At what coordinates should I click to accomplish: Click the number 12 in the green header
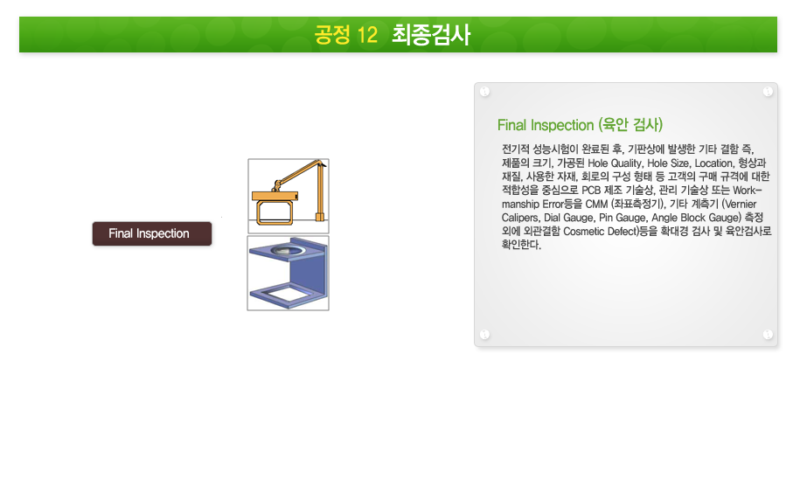pos(367,35)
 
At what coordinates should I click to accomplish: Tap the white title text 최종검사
pos(431,35)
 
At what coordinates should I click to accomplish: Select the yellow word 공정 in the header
pos(332,35)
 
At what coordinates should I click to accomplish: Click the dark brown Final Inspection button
pos(152,233)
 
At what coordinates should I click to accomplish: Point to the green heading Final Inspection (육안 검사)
pos(580,125)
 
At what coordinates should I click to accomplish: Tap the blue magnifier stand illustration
pos(289,273)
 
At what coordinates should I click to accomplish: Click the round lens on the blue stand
pos(288,250)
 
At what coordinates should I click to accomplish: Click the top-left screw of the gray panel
pos(484,92)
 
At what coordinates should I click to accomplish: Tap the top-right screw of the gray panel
pos(768,92)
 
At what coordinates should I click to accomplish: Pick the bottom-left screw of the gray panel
pos(484,334)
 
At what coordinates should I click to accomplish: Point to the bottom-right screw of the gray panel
pos(768,334)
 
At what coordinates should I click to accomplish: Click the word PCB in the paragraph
pos(591,191)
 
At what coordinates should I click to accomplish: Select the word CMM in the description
pos(596,205)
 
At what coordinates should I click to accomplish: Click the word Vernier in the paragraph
pos(741,205)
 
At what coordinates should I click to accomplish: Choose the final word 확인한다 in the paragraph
pos(521,245)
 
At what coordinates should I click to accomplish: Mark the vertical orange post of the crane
pos(320,191)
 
